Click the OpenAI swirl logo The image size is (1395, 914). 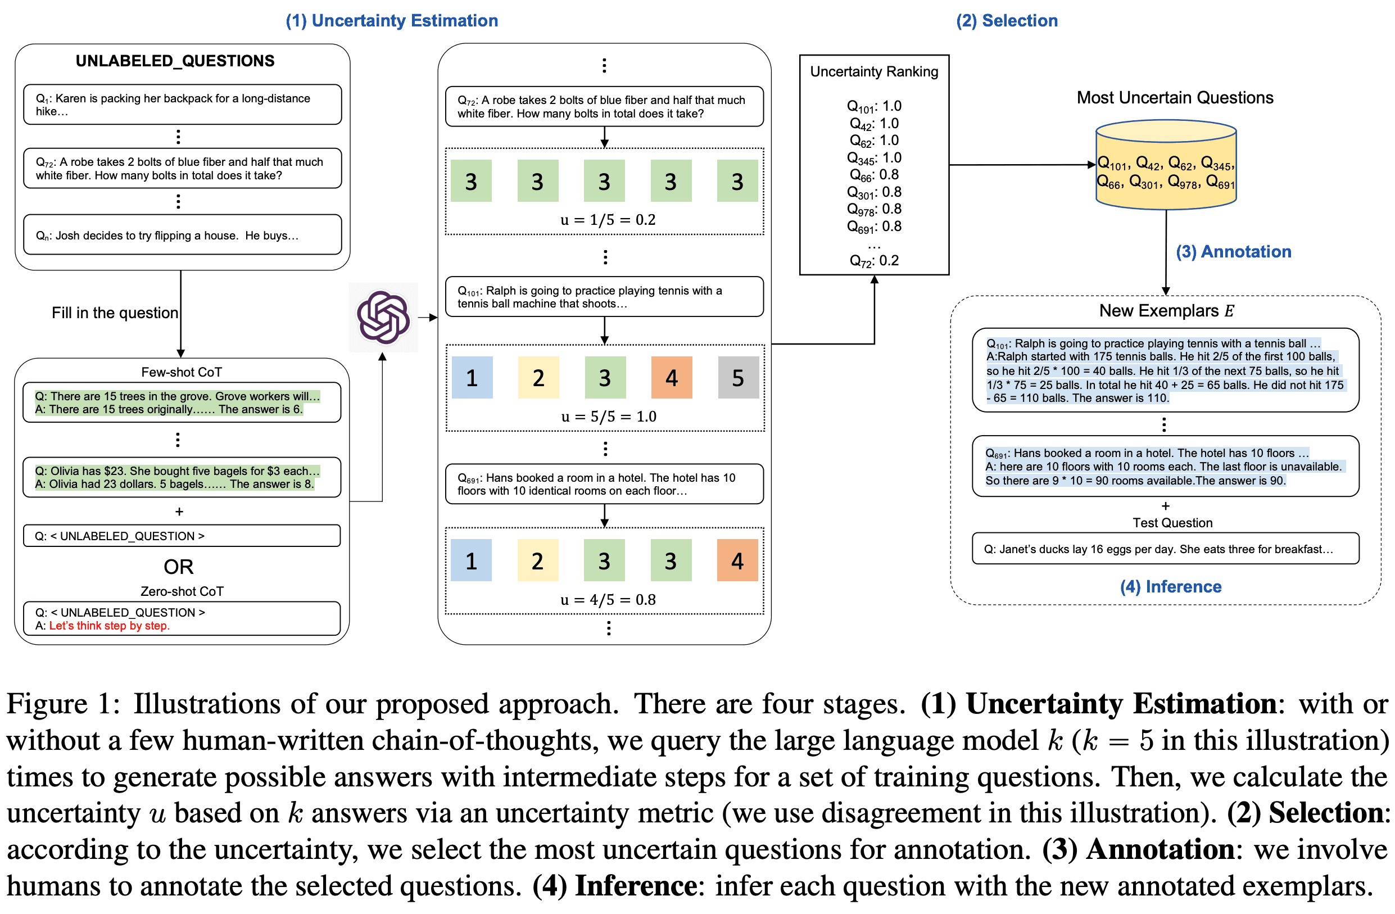(x=383, y=317)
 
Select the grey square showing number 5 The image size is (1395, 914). (x=738, y=378)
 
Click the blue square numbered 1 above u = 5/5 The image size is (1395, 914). (x=472, y=378)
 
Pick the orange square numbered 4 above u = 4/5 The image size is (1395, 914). (x=737, y=561)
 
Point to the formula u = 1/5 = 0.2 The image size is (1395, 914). (x=608, y=220)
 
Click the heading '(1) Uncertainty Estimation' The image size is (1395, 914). (x=392, y=21)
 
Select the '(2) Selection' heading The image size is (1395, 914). (x=1007, y=21)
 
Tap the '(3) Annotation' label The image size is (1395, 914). (x=1233, y=251)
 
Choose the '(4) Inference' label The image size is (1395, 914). (x=1171, y=587)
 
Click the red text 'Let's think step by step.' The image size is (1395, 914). (x=109, y=626)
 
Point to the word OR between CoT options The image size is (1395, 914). (x=178, y=567)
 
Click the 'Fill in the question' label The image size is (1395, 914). (x=115, y=313)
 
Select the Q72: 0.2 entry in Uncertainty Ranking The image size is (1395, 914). (x=874, y=261)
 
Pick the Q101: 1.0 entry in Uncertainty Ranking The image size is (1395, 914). (x=874, y=107)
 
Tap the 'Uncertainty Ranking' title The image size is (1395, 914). (x=874, y=71)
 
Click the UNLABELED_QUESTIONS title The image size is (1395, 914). (x=175, y=61)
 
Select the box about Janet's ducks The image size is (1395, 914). (x=1165, y=549)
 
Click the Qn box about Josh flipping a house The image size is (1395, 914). (x=182, y=235)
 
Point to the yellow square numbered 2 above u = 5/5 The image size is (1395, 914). (x=538, y=378)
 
